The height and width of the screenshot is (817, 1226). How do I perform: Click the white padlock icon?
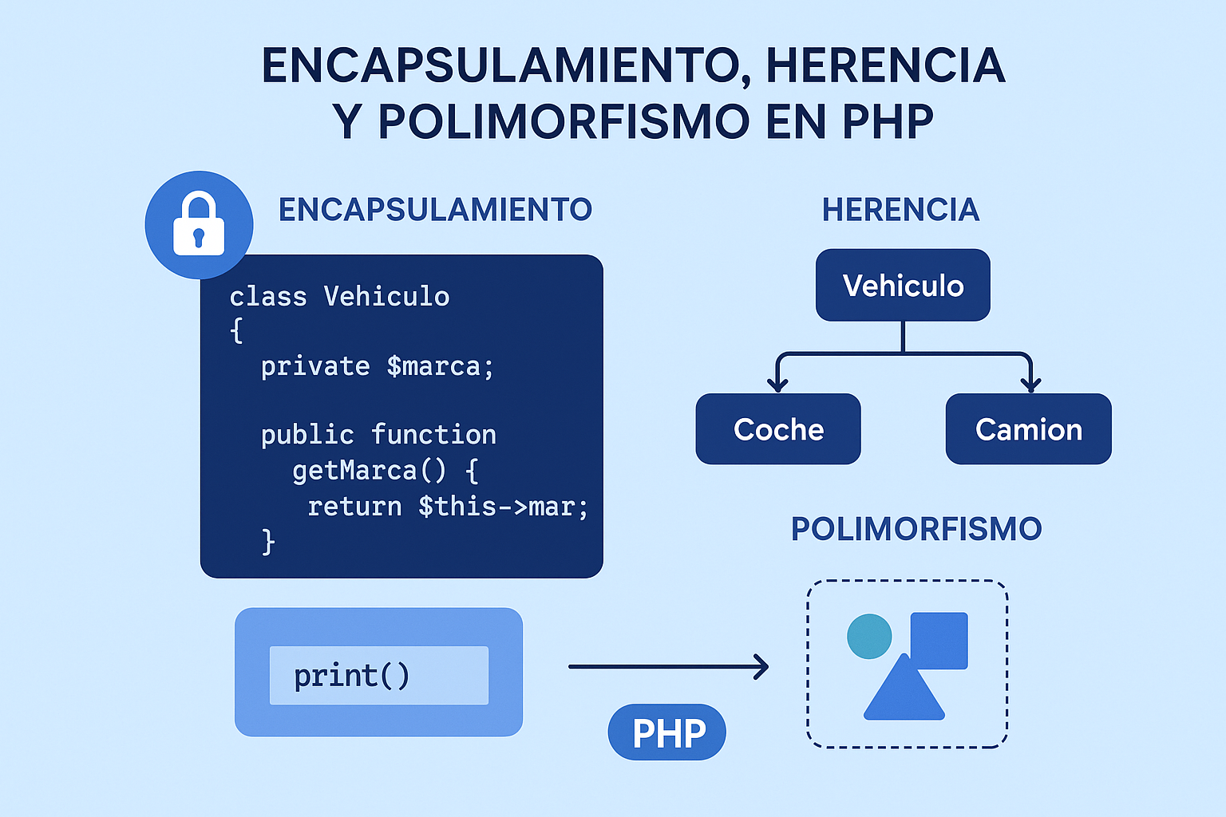pos(199,224)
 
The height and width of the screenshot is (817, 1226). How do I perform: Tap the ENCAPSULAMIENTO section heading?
pos(435,210)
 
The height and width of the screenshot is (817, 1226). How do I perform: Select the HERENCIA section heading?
pos(900,210)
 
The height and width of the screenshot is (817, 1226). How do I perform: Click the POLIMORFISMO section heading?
pos(916,529)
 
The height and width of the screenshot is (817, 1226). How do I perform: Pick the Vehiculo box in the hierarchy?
pos(903,286)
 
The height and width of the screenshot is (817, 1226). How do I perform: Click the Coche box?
pos(778,429)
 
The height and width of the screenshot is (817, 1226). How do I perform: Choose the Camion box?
pos(1028,429)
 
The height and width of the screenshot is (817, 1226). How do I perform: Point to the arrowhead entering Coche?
pos(777,385)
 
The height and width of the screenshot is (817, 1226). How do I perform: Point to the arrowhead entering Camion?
pos(1030,385)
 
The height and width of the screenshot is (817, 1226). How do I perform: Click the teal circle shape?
pos(868,636)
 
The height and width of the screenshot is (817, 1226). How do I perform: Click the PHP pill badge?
pos(667,732)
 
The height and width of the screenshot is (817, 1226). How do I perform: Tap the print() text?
pos(351,676)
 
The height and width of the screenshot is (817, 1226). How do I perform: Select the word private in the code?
pos(315,366)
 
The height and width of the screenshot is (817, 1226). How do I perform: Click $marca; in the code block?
pos(440,366)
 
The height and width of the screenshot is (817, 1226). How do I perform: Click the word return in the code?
pos(354,507)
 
